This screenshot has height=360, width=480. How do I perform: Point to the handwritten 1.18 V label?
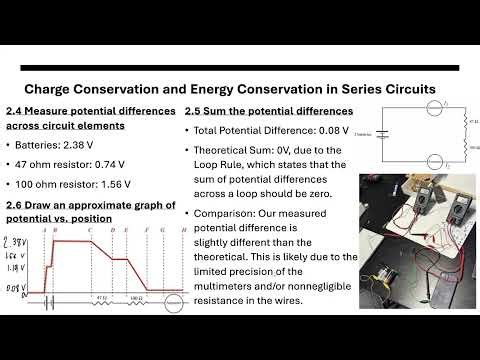(18, 267)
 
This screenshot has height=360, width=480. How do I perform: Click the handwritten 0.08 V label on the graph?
(17, 288)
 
